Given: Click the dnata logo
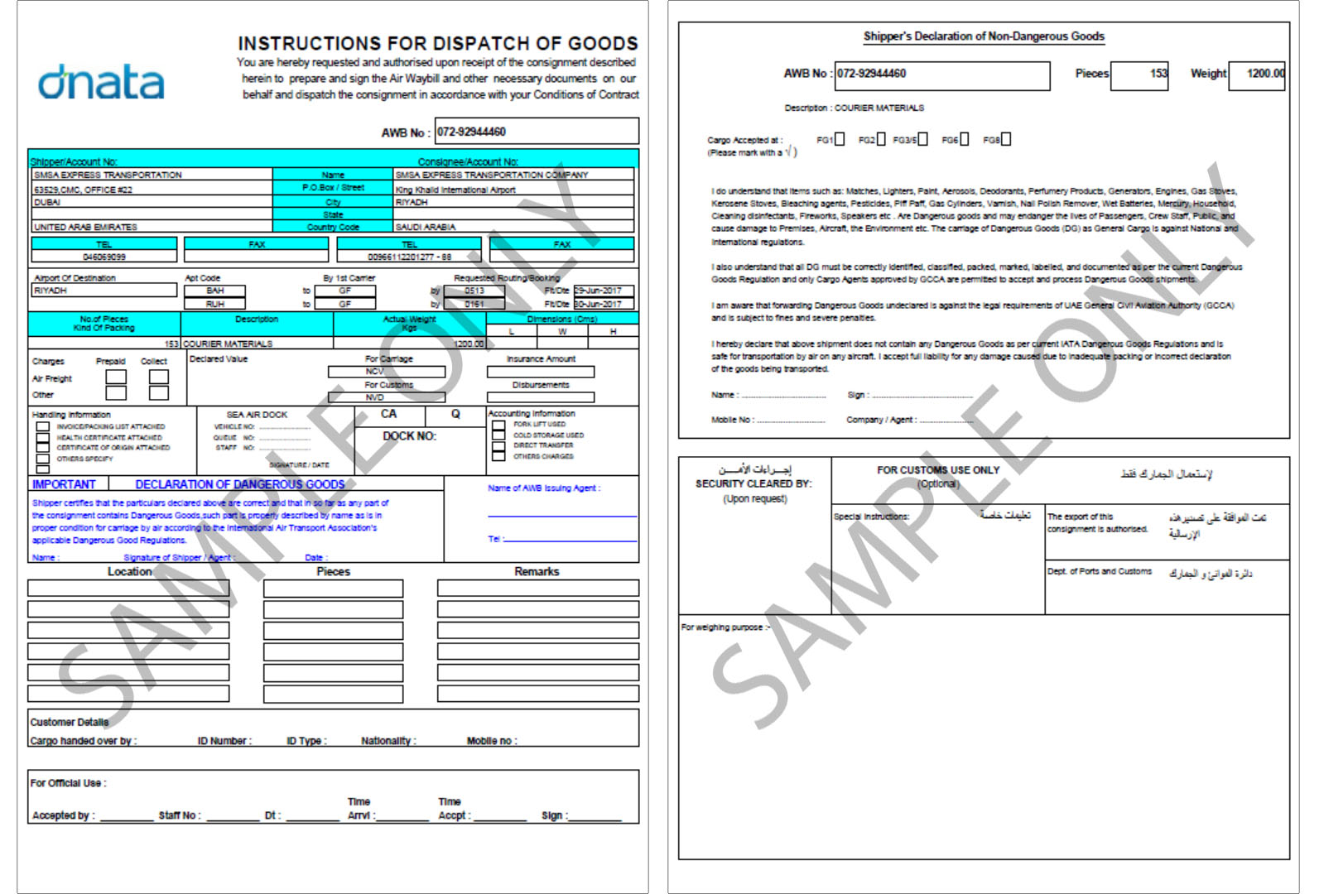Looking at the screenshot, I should tap(101, 82).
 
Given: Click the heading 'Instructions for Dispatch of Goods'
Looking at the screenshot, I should tap(437, 43).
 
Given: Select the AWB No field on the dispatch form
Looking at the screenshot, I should tap(537, 132).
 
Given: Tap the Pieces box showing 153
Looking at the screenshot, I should tap(1139, 74).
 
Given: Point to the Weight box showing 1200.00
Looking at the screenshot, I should tap(1257, 74).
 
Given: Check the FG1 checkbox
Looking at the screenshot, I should tap(840, 139).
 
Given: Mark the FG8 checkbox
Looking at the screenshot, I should tap(1006, 139).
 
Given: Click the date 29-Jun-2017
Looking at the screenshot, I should tap(603, 291).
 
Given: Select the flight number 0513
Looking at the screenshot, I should tap(474, 291).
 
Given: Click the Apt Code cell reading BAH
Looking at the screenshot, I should tap(215, 291).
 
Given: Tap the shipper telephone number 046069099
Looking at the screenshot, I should tap(104, 257).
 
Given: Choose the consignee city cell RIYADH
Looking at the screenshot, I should tap(513, 202).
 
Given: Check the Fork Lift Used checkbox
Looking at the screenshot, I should tap(498, 425).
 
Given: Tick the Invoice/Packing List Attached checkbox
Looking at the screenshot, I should tap(42, 427).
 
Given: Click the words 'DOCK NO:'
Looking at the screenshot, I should tap(409, 436).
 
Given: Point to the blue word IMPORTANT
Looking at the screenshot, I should tap(64, 484).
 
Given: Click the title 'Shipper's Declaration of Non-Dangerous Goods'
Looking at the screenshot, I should tap(984, 36).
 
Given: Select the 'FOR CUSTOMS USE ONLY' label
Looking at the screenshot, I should tap(938, 470).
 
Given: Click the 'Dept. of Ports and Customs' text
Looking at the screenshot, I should tap(1099, 571).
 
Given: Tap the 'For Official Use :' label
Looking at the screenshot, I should tap(68, 783).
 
